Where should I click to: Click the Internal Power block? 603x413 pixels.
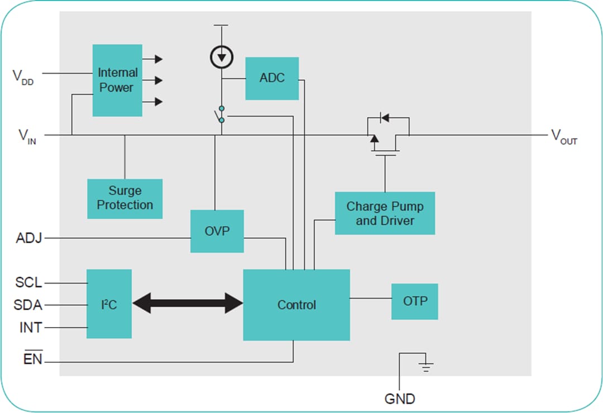117,80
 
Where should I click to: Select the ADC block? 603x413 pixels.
272,78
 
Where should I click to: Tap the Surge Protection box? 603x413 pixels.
125,198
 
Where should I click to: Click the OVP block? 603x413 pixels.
217,231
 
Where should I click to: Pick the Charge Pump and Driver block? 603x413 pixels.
385,213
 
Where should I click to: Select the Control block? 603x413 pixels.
296,305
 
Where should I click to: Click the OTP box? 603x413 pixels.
414,301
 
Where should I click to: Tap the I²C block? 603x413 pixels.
109,304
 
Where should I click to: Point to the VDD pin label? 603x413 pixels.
23,76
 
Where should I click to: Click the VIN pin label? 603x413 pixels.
27,136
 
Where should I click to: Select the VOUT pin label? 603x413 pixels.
564,136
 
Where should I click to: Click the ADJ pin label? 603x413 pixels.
29,239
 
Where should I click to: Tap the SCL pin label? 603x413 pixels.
28,282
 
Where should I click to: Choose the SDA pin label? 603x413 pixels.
28,305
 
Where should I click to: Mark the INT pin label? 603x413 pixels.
30,327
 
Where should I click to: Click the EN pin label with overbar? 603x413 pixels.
32,359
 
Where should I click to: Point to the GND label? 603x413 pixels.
399,398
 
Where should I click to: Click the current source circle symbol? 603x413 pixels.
222,57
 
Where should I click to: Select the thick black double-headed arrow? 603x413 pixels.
188,304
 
